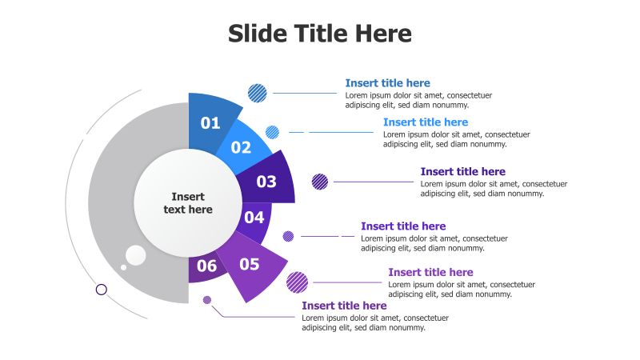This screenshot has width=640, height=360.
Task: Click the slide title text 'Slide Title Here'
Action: coord(320,34)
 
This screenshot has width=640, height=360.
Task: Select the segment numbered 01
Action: coord(210,122)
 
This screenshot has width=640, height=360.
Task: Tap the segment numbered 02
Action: coord(241,147)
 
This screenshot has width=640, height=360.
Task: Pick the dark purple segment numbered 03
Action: coord(267,182)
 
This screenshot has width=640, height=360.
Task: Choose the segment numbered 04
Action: coord(255,218)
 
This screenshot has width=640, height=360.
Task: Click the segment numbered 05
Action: coord(250,265)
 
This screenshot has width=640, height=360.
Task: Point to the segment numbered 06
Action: coord(206,267)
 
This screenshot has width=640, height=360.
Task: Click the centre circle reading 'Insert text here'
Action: coord(189,203)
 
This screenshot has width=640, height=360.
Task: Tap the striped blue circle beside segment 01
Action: coord(258,93)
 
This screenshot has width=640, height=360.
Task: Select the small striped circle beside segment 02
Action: coord(272,132)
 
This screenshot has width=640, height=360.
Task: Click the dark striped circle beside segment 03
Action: coord(320,182)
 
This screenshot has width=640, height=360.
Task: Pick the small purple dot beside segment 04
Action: coord(288,236)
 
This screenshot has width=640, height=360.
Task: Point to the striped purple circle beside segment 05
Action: coord(298,282)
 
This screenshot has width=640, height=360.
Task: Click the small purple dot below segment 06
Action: coord(207,300)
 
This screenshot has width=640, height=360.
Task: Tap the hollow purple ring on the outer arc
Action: coord(102,290)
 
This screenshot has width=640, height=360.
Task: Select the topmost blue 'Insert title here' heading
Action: coord(387,83)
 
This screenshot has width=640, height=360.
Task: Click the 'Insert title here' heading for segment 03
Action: coord(462,171)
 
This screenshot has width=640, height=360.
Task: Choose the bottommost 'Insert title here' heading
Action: coord(344,306)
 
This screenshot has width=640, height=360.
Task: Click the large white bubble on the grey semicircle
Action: coord(136,255)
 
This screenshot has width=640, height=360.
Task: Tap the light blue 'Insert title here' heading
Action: coord(425,122)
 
